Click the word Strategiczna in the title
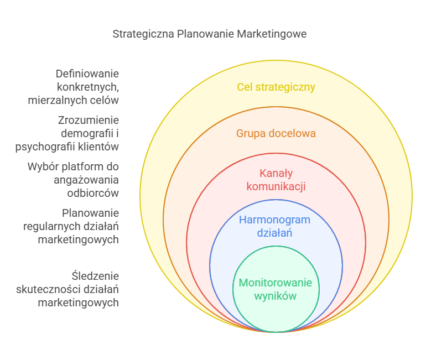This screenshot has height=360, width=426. [143, 34]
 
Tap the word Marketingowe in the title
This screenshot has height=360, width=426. [272, 34]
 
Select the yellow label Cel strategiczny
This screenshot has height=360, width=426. [276, 87]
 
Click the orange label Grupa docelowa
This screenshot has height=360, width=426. [276, 133]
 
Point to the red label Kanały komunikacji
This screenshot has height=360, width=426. [276, 179]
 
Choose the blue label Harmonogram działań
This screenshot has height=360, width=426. [274, 226]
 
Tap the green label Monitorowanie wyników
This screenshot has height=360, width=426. [276, 289]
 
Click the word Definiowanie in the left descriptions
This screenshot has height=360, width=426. [87, 74]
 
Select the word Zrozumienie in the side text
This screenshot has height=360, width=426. [89, 120]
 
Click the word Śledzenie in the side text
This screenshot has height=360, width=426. [95, 275]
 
